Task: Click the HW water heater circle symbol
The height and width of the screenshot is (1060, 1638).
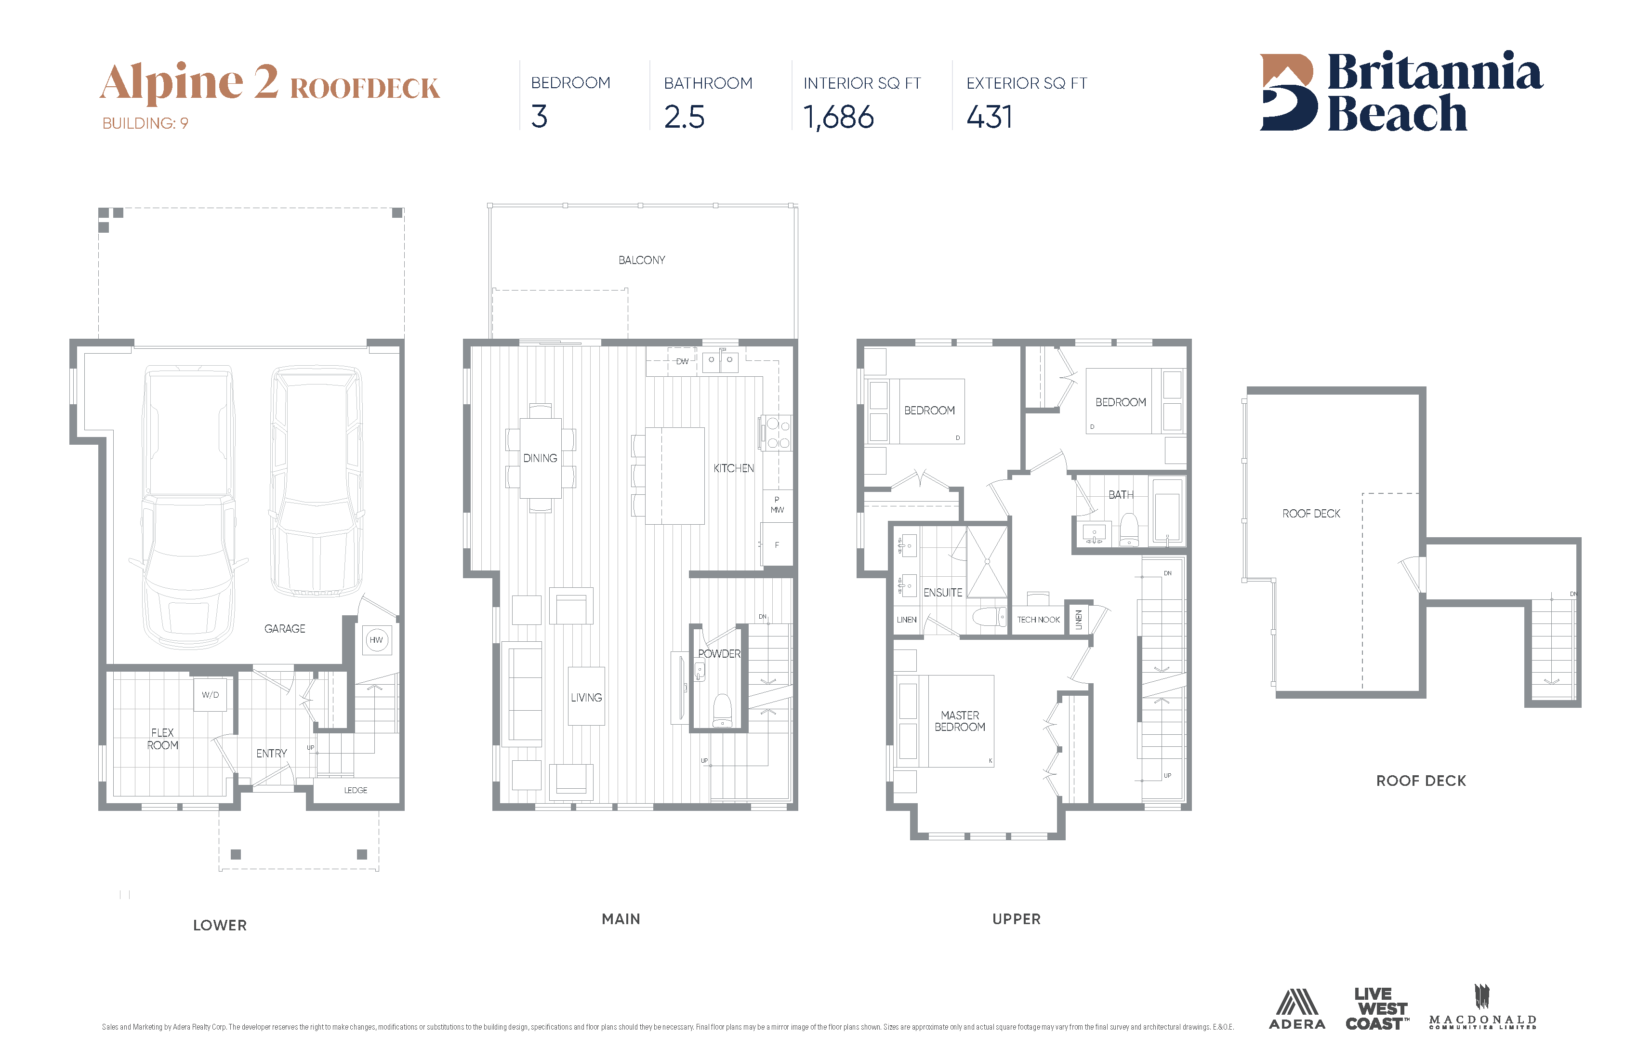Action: tap(376, 640)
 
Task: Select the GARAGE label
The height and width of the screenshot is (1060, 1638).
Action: tap(284, 628)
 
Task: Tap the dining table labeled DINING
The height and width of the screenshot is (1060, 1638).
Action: tap(540, 458)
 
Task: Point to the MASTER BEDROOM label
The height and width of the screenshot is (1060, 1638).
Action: tap(959, 721)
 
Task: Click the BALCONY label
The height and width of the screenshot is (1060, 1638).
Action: tap(641, 260)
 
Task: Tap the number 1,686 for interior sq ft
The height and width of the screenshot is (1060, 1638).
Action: tap(838, 117)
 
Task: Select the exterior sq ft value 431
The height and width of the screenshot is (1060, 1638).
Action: tap(989, 117)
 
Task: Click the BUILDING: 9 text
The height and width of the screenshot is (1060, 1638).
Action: tap(145, 123)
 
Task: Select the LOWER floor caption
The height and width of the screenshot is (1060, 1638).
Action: tap(220, 925)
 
